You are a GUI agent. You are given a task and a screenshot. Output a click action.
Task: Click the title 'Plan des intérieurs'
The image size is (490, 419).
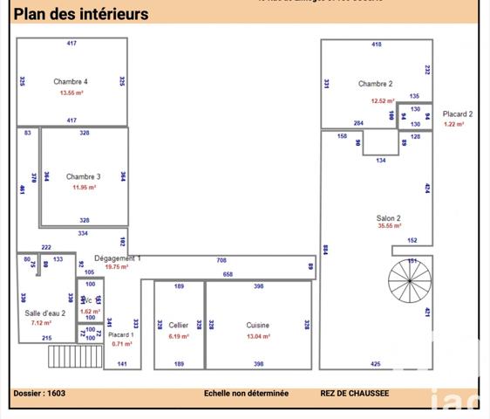80,14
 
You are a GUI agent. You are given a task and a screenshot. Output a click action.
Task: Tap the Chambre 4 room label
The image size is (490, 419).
71,81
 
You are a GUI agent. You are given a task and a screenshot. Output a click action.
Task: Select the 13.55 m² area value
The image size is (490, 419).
71,92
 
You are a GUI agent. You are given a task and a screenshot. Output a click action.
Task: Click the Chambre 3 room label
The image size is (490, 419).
84,176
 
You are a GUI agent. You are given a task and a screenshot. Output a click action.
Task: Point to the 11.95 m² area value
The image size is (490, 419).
84,187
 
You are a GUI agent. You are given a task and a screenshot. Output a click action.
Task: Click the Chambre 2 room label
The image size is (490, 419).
375,84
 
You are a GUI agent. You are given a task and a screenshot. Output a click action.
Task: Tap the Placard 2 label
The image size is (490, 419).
458,113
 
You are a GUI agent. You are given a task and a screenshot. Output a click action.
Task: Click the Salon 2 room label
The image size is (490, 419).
388,217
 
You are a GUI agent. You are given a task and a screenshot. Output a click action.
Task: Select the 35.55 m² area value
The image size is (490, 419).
389,226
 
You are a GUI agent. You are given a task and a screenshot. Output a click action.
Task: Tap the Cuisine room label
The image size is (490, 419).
257,325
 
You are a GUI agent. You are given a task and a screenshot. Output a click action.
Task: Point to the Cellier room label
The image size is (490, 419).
178,325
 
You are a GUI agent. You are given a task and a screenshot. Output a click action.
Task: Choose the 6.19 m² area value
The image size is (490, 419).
178,335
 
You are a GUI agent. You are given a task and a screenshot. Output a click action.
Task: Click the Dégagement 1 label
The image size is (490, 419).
117,258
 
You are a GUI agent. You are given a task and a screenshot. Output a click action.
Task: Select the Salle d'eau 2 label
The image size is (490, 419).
44,312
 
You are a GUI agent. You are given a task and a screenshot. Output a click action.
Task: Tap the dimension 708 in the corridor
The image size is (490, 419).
221,260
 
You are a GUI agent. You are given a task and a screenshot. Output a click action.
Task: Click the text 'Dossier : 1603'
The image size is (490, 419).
39,394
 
